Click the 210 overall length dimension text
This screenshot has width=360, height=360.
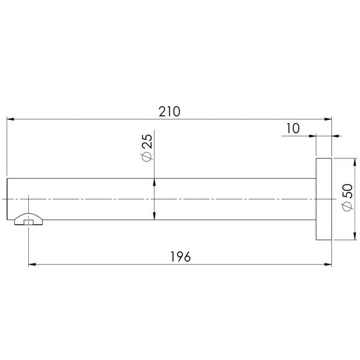[x=170, y=112]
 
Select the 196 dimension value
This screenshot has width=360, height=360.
[x=181, y=256]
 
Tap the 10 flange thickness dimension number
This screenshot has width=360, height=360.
[x=293, y=128]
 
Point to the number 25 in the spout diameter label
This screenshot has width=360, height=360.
[x=147, y=142]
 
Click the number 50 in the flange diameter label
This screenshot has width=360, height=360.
[x=346, y=192]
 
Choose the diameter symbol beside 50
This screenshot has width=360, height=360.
[x=346, y=207]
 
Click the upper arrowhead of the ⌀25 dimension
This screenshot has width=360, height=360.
[x=155, y=182]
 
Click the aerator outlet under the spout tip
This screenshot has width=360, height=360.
[x=29, y=220]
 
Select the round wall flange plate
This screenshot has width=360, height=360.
[x=324, y=199]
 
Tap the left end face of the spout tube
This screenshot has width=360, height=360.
[x=7, y=199]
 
